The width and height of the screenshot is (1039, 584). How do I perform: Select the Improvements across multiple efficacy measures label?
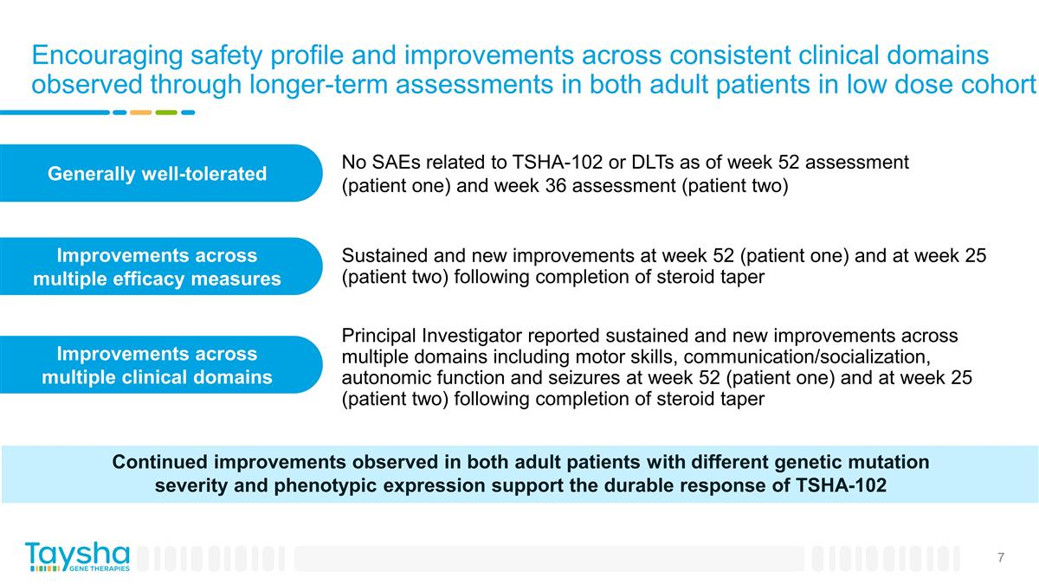156,266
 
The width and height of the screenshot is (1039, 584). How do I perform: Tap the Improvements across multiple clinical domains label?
156,365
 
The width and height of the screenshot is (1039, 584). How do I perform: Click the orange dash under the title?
140,112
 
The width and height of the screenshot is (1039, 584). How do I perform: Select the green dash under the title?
166,112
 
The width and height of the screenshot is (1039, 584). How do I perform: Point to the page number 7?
1000,557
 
